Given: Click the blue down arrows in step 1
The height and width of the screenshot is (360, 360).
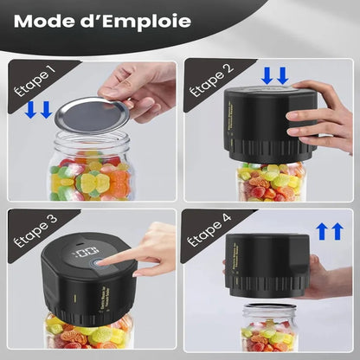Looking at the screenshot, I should click(x=40, y=110).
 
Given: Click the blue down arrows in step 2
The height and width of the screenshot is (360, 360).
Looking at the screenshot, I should click(x=275, y=76).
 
